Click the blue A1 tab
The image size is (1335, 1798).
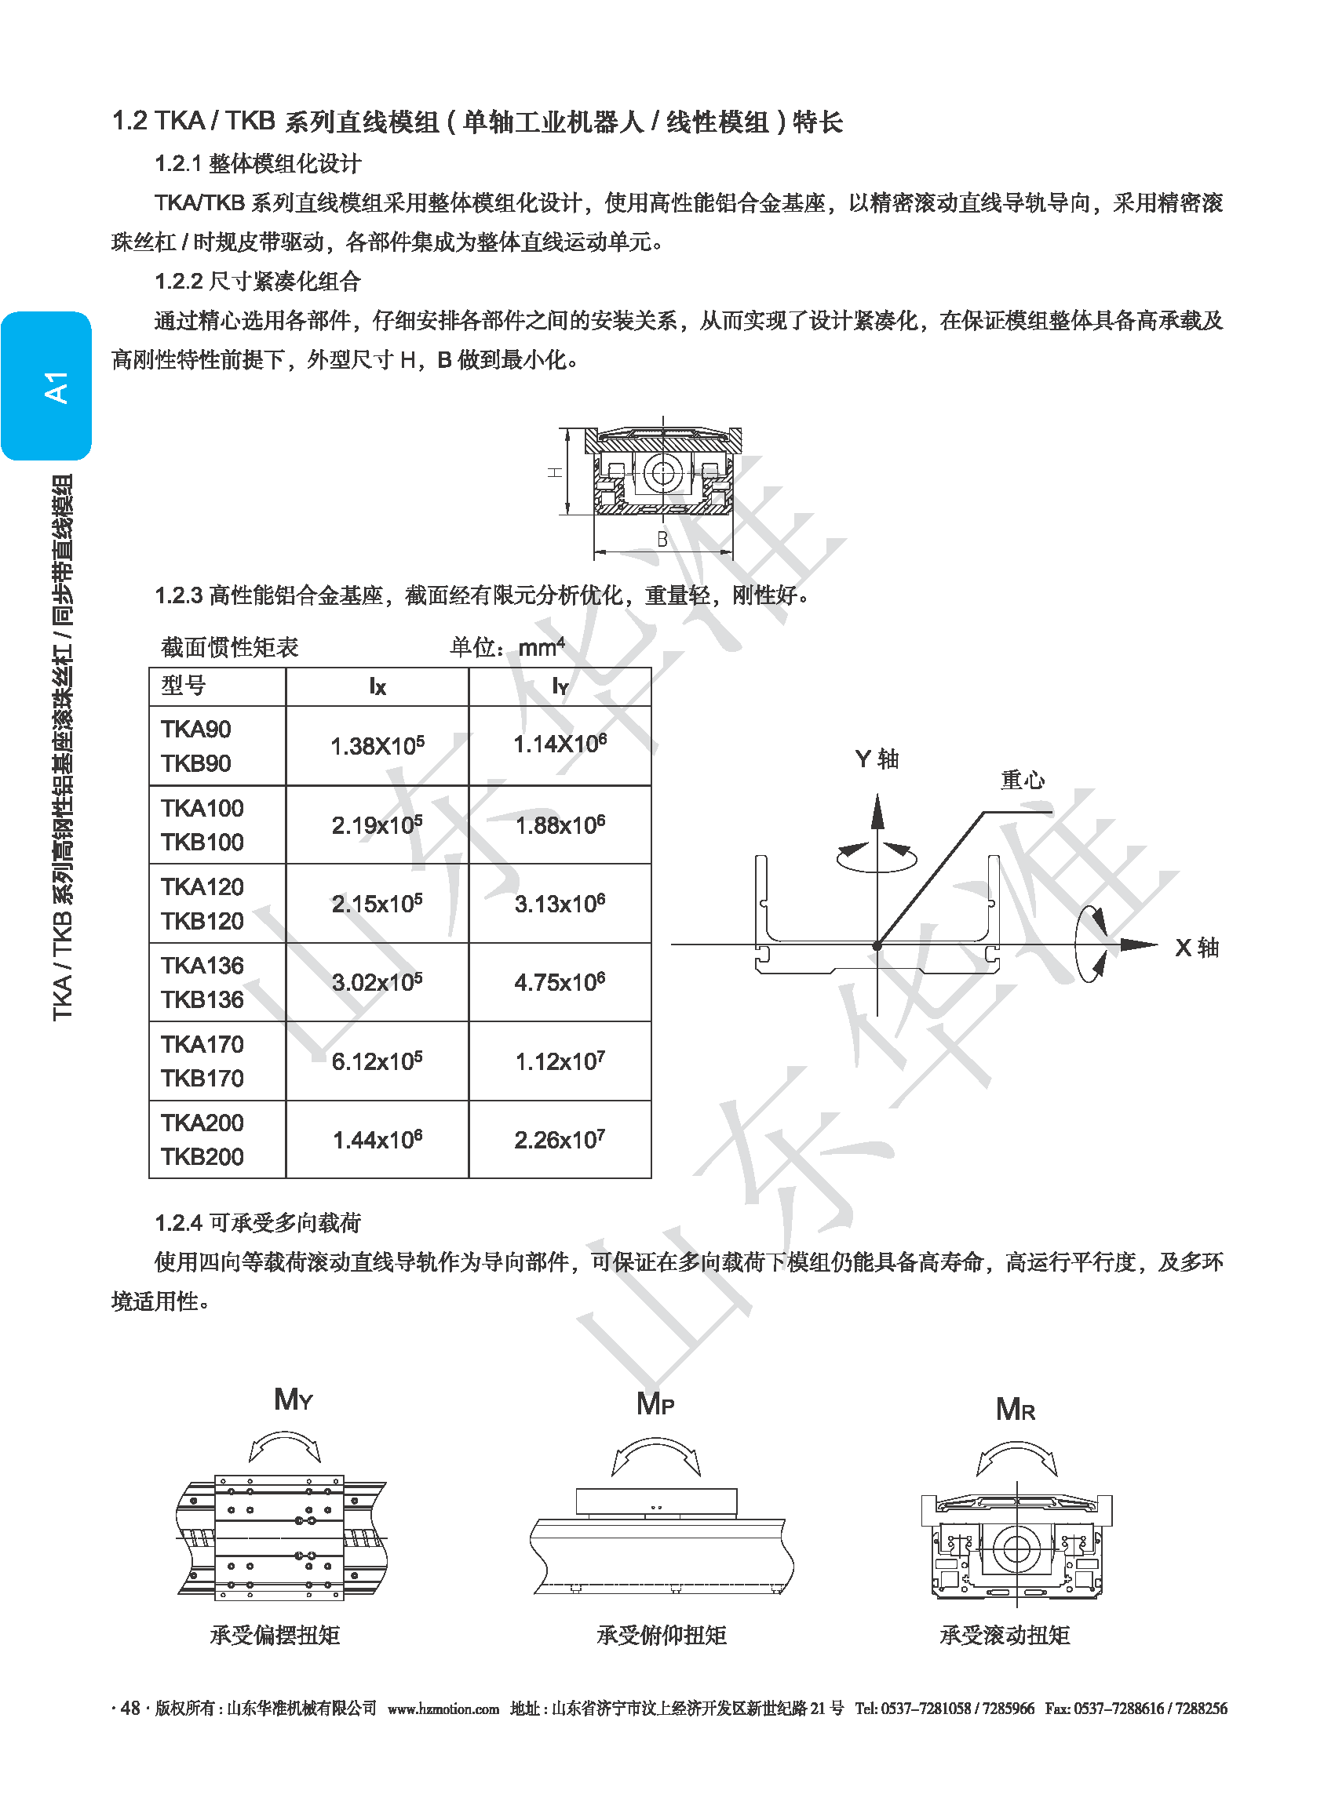[46, 386]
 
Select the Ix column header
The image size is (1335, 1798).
[378, 686]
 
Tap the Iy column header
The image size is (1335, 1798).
[560, 686]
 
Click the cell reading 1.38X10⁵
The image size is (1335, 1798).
[378, 744]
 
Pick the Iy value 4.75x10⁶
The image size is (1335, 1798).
[560, 981]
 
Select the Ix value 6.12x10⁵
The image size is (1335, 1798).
[378, 1061]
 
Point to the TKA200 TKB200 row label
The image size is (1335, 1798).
[202, 1140]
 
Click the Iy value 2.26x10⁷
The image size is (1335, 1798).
[560, 1139]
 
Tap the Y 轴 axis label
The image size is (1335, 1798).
[877, 759]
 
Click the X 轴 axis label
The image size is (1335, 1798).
[1197, 948]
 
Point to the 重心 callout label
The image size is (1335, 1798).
[1023, 780]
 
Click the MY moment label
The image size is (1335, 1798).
[294, 1399]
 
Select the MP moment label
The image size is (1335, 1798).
[655, 1404]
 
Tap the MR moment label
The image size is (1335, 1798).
[1016, 1410]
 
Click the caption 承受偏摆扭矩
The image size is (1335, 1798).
[275, 1635]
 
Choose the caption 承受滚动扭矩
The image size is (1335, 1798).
[1005, 1635]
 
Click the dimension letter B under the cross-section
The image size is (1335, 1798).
[662, 539]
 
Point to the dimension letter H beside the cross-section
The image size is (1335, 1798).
[555, 472]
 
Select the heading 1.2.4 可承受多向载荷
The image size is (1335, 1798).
[257, 1223]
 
